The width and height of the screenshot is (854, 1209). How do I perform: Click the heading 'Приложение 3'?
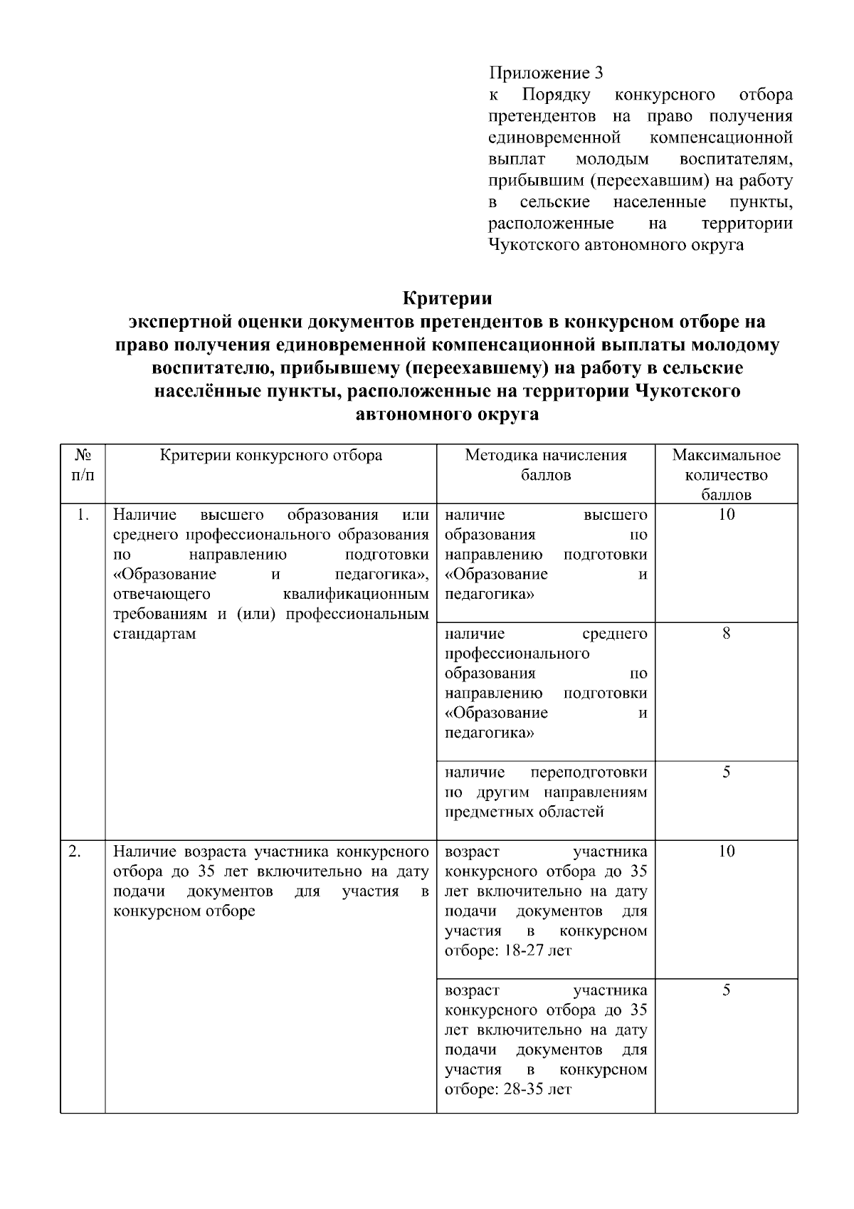546,73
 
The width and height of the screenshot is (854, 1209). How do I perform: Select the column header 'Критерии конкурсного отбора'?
270,456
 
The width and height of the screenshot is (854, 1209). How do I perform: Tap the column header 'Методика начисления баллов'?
545,465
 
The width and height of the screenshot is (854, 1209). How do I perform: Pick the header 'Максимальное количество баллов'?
726,474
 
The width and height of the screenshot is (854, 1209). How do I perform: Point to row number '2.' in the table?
75,852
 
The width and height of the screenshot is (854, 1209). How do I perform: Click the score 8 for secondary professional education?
726,634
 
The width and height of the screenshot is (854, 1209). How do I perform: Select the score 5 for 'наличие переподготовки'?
726,773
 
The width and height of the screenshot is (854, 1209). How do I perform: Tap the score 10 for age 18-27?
726,852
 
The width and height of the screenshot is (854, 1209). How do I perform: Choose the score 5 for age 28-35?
726,990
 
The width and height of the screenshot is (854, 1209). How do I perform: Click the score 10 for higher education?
726,515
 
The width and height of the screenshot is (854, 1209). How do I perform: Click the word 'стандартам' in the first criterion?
154,634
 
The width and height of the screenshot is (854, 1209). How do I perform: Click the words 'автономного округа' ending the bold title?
447,415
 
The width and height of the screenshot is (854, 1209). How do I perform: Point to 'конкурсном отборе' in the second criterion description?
184,911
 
